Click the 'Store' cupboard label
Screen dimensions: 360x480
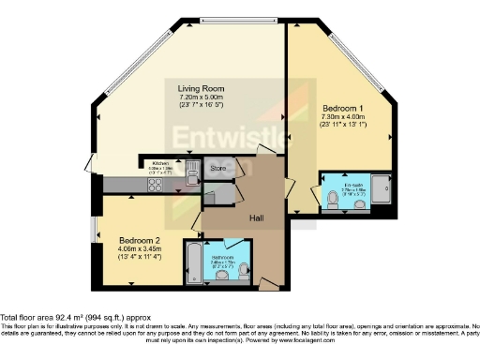point(217,169)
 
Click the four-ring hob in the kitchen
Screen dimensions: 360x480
point(153,185)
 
